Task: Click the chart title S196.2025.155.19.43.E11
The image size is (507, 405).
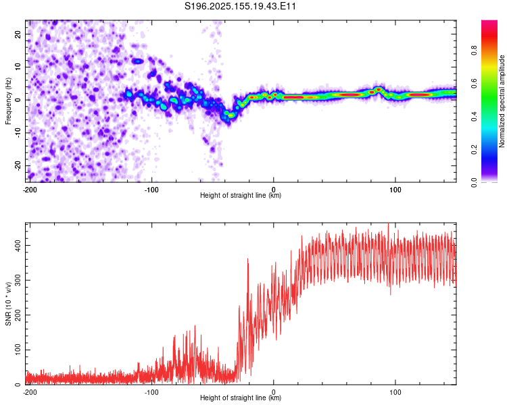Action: click(240, 6)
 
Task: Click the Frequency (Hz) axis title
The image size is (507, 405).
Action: click(8, 101)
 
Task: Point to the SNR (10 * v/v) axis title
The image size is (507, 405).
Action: click(8, 304)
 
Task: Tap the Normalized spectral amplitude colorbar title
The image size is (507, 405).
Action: click(502, 101)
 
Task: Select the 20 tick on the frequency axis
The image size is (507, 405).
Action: click(18, 34)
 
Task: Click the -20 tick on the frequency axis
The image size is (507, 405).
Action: click(18, 165)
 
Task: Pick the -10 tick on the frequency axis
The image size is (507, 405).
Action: click(18, 132)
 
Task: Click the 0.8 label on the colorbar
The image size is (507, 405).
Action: click(474, 51)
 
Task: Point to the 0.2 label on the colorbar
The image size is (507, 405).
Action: click(474, 149)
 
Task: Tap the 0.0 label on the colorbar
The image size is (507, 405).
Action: click(474, 182)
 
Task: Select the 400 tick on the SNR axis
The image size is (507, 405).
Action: click(18, 246)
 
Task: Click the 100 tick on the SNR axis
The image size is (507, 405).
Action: click(18, 350)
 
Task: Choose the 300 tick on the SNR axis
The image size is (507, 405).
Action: click(18, 280)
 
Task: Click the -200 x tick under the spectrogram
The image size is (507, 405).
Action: click(30, 190)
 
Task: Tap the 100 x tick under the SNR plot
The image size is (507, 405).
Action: click(395, 392)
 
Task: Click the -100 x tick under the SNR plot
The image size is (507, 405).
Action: click(151, 392)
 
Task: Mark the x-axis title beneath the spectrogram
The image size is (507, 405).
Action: click(241, 195)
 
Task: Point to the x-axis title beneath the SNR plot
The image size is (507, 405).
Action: click(241, 398)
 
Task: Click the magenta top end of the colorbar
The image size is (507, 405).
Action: click(489, 22)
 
